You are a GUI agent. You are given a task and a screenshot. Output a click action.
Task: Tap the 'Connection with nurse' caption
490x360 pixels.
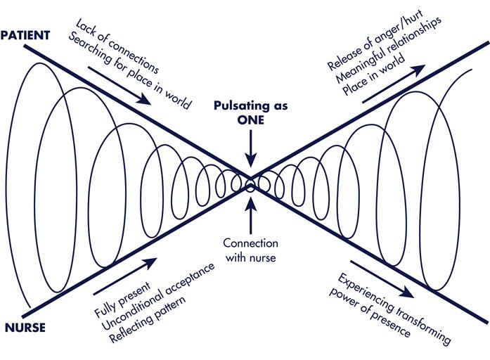[x=250, y=249]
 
